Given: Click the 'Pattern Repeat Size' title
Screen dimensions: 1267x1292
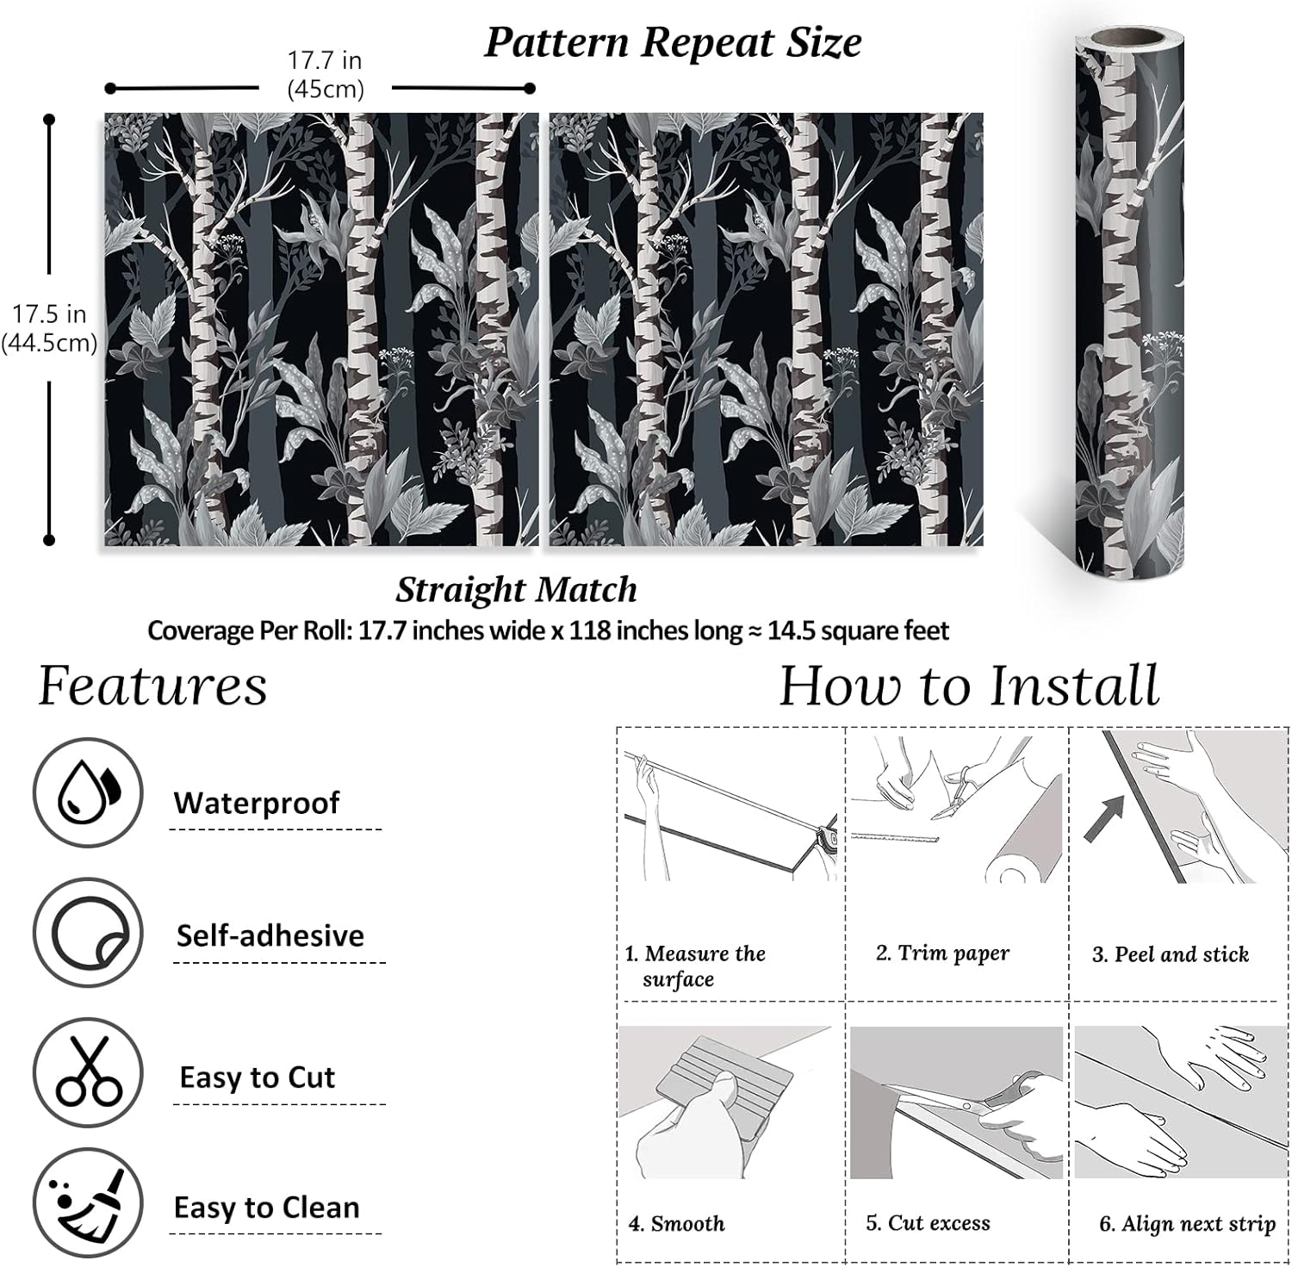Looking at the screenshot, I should (x=673, y=43).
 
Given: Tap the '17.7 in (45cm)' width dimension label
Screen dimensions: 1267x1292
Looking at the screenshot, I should (x=325, y=74).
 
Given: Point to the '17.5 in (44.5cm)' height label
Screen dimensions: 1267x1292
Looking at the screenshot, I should (x=49, y=328).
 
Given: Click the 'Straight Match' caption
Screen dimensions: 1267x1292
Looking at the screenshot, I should (x=516, y=590).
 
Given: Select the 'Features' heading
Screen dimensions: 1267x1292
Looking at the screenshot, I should (x=152, y=686).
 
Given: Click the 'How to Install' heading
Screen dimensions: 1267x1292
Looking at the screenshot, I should (x=969, y=686).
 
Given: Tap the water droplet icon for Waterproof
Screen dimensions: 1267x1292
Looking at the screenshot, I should (x=88, y=792).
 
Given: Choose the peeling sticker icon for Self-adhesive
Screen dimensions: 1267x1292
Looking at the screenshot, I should (x=88, y=933).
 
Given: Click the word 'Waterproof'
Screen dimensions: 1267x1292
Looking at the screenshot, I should (x=257, y=803).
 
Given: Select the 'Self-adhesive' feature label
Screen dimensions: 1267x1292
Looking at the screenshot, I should (x=270, y=936).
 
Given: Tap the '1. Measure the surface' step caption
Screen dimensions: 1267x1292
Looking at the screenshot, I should (x=695, y=966).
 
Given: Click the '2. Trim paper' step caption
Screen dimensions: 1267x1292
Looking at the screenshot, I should (x=942, y=953).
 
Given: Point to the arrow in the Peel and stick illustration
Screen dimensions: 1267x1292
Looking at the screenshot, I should (x=1103, y=819).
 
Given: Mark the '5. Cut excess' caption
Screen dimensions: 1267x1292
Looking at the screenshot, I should (x=928, y=1222).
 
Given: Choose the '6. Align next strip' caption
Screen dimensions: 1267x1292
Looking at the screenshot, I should (x=1187, y=1224).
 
